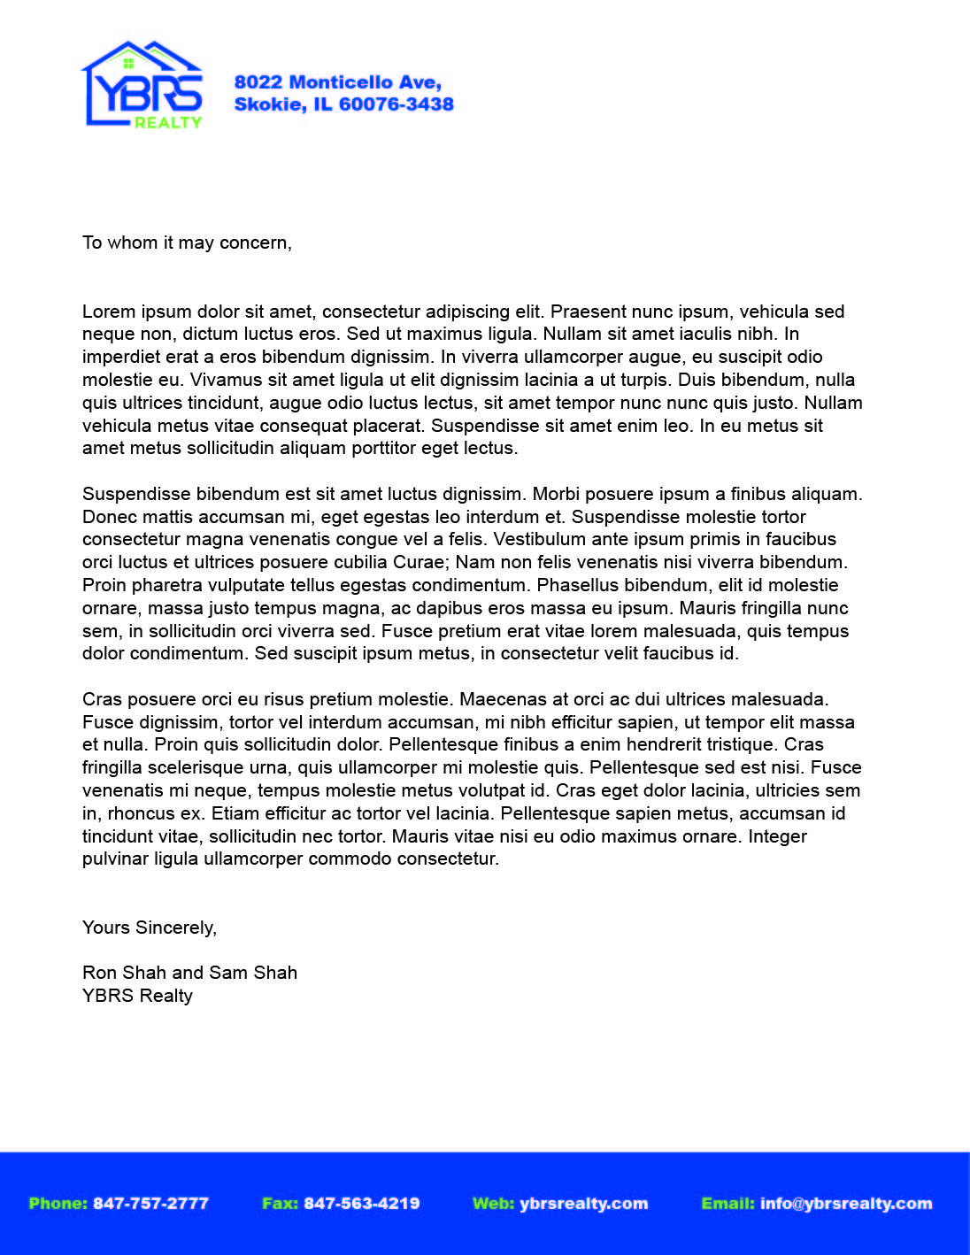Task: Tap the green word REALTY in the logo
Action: coord(168,123)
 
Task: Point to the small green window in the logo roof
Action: coord(128,63)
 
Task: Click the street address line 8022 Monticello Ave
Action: coord(337,82)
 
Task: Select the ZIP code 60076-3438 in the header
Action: coord(396,104)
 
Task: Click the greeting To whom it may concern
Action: coord(187,243)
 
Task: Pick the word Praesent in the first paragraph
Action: coord(587,312)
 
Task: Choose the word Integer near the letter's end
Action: coord(777,836)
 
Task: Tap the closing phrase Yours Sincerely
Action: coord(150,928)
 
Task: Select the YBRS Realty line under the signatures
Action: coord(137,996)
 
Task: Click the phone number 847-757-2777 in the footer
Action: coord(150,1204)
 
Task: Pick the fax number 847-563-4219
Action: coord(361,1204)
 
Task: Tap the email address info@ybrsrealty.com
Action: coord(845,1204)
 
